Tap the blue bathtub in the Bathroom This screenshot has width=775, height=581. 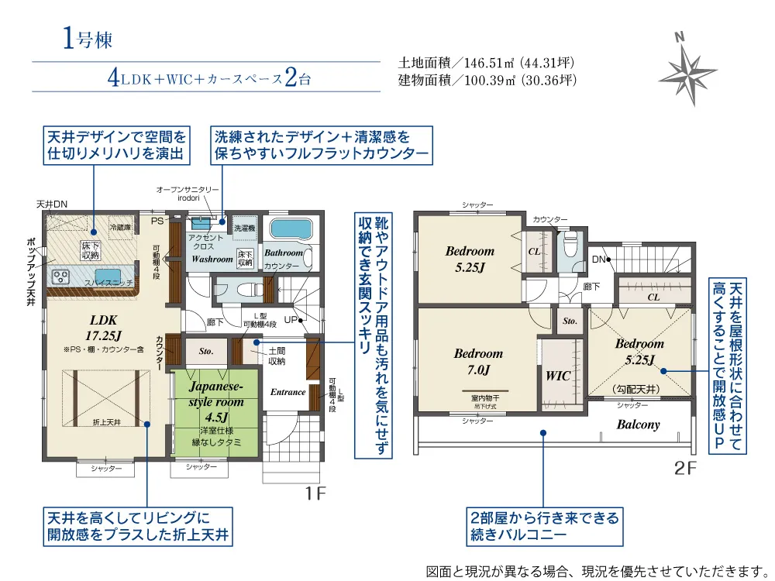click(289, 229)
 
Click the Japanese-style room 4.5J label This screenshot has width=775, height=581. click(215, 401)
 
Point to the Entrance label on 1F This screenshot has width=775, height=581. click(288, 392)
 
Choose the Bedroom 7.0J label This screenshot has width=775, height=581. click(478, 361)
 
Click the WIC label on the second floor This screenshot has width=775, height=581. click(558, 376)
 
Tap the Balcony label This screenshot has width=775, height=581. click(638, 425)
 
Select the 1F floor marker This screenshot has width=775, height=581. click(315, 493)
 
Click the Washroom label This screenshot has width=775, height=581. click(212, 259)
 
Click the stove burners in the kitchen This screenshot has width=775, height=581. click(60, 277)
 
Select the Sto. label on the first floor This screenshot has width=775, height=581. click(205, 351)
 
